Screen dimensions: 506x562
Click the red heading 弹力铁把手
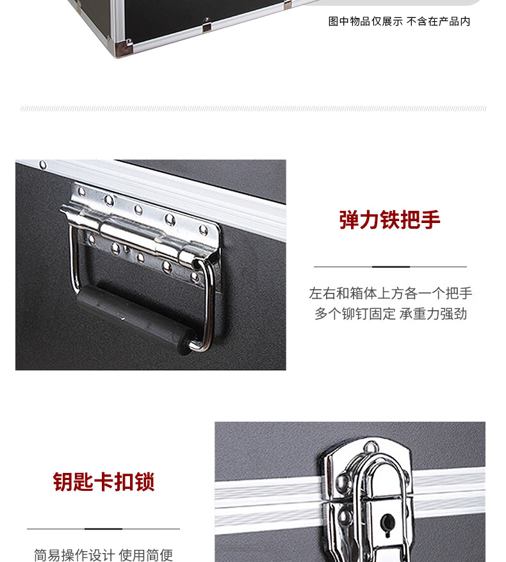tap(389, 220)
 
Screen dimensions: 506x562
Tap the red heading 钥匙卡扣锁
tap(104, 482)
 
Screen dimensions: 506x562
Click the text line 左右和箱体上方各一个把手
tap(391, 293)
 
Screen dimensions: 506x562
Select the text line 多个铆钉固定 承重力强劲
tap(391, 313)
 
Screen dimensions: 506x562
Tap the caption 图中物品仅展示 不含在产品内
tap(399, 22)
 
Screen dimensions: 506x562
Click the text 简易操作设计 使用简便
tap(104, 555)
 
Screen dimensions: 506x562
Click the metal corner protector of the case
tap(122, 47)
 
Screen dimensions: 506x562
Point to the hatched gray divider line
tap(254, 108)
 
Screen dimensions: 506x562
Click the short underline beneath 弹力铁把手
tap(391, 267)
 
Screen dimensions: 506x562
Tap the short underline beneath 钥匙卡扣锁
tap(104, 529)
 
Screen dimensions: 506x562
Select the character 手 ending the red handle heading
tap(430, 220)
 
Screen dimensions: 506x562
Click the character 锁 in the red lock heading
tap(145, 482)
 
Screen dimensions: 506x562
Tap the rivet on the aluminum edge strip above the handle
tap(43, 165)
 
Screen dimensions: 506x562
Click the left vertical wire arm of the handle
tap(74, 258)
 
